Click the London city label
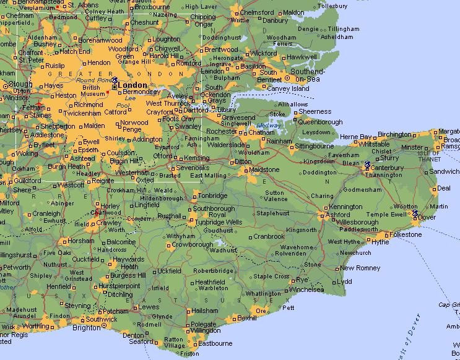tap(133, 85)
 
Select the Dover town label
tap(427, 217)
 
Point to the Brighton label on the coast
tap(87, 328)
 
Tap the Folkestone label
tap(404, 235)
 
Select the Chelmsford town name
tap(256, 12)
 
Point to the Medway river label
tap(267, 126)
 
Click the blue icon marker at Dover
tap(415, 214)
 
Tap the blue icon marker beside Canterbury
tap(367, 165)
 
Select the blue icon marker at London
tap(115, 80)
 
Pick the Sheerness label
tap(315, 112)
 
